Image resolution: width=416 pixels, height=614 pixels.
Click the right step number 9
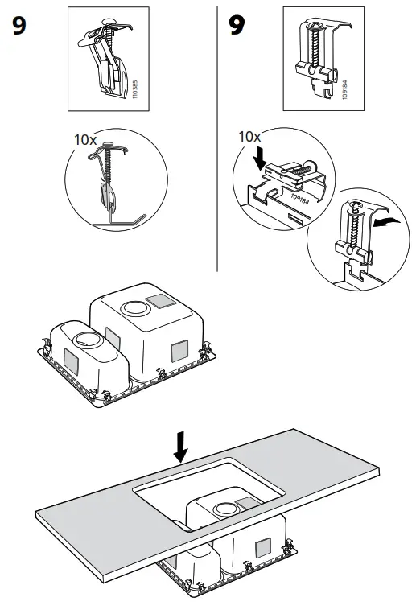click(237, 27)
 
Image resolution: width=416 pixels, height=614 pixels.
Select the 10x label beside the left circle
click(85, 139)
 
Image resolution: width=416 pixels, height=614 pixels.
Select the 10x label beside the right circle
click(250, 138)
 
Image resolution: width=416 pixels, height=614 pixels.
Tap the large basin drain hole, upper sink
click(134, 308)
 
